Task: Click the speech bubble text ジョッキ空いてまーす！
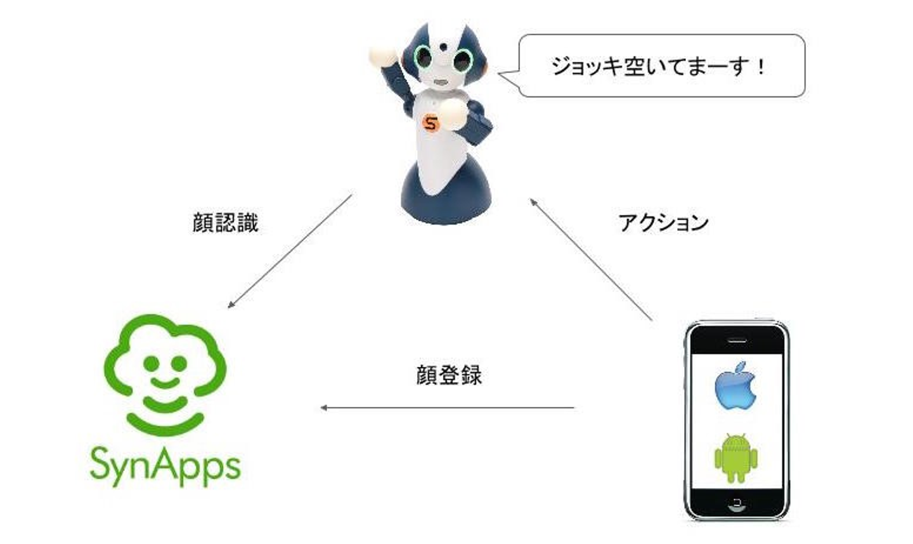659,66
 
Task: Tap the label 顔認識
225,223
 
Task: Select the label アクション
663,223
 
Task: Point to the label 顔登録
449,375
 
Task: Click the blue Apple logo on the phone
735,386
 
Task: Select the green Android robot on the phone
735,458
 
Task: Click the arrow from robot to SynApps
290,251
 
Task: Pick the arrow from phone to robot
591,260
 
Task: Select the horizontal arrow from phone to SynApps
448,408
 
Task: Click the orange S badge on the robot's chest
431,123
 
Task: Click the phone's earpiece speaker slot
736,340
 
